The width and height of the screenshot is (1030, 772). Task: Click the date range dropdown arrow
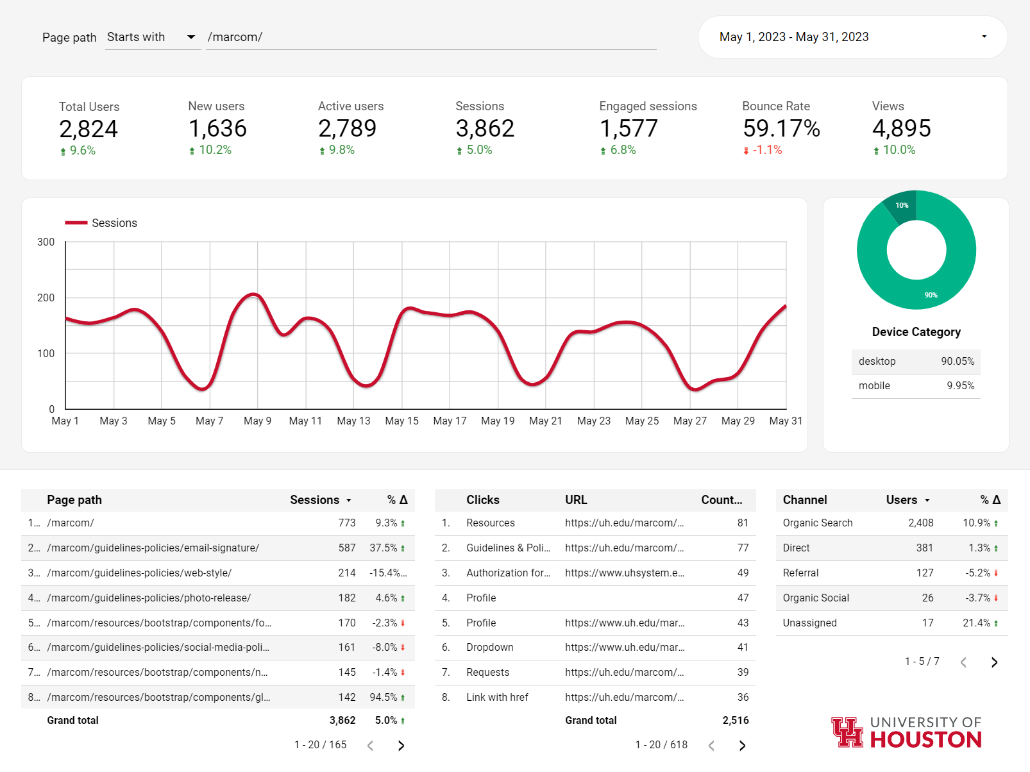[x=984, y=37]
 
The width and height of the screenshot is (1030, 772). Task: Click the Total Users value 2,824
[x=89, y=129]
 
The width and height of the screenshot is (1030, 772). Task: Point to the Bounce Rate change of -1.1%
[x=763, y=150]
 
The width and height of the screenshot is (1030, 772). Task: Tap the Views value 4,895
[x=902, y=128]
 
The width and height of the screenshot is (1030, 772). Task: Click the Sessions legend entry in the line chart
[x=101, y=222]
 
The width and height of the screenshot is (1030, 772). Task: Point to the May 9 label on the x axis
[x=258, y=421]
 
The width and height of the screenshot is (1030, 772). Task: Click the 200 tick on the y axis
[x=46, y=298]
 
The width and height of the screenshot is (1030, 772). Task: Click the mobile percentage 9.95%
[x=960, y=385]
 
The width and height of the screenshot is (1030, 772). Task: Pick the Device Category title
[x=916, y=332]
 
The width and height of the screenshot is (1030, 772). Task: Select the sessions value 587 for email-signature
[x=347, y=548]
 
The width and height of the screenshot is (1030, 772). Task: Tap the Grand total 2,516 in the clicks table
[x=736, y=721]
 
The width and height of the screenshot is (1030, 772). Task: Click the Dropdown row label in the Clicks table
[x=489, y=647]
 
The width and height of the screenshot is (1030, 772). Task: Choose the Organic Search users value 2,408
[x=921, y=523]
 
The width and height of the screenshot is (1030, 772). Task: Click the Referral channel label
[x=800, y=573]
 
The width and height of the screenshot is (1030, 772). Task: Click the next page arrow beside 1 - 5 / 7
[x=994, y=662]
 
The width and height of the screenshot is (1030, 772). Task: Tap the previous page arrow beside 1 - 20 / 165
[x=370, y=745]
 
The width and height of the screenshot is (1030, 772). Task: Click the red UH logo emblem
[x=847, y=732]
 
